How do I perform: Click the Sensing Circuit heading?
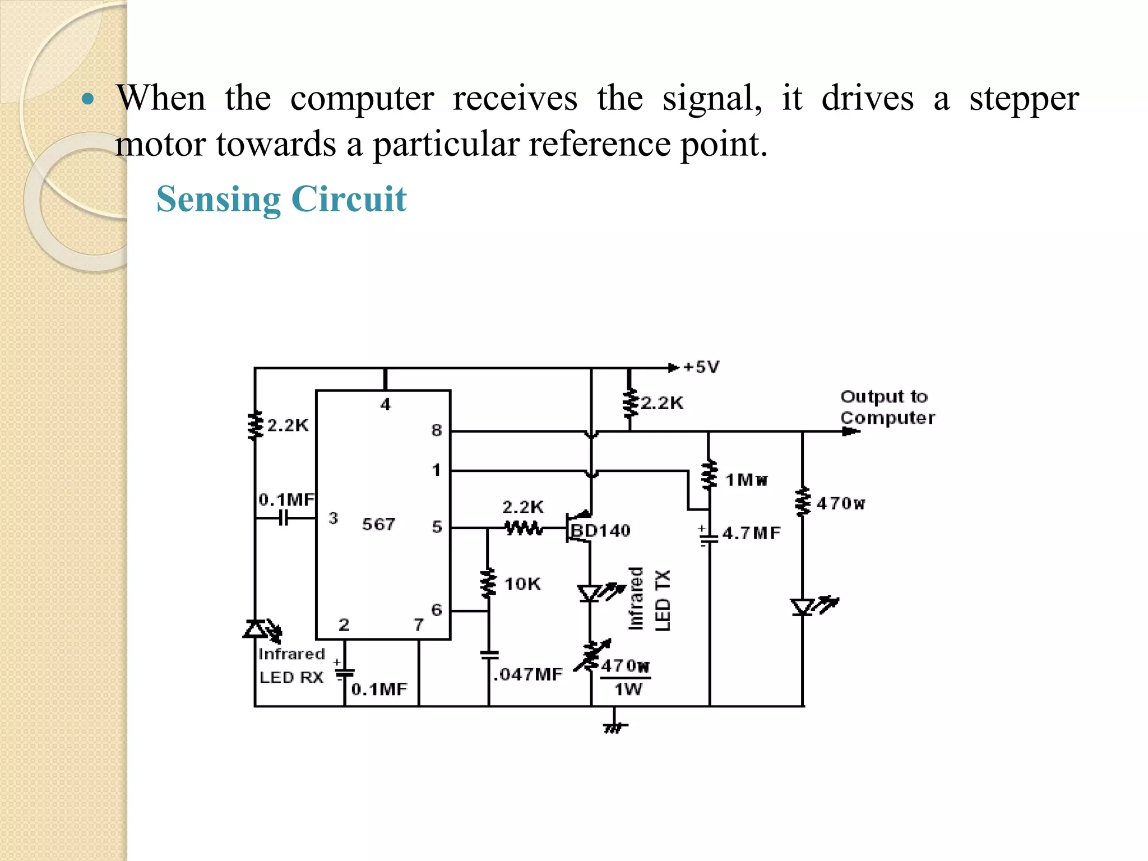pyautogui.click(x=281, y=199)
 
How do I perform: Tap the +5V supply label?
pyautogui.click(x=701, y=367)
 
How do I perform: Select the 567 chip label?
pyautogui.click(x=378, y=524)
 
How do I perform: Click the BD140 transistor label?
pyautogui.click(x=600, y=530)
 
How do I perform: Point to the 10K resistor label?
pyautogui.click(x=522, y=584)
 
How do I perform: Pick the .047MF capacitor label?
pyautogui.click(x=527, y=674)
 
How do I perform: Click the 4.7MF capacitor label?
pyautogui.click(x=751, y=533)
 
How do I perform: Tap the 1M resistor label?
pyautogui.click(x=746, y=480)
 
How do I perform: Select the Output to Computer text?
pyautogui.click(x=887, y=407)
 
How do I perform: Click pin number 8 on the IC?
pyautogui.click(x=437, y=430)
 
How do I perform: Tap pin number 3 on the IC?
pyautogui.click(x=333, y=518)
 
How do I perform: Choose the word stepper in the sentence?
pyautogui.click(x=1024, y=99)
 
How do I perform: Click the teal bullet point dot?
pyautogui.click(x=87, y=100)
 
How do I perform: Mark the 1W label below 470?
pyautogui.click(x=628, y=689)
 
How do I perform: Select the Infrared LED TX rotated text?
pyautogui.click(x=649, y=599)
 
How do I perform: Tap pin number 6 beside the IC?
pyautogui.click(x=437, y=609)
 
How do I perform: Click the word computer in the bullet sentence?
pyautogui.click(x=362, y=99)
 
